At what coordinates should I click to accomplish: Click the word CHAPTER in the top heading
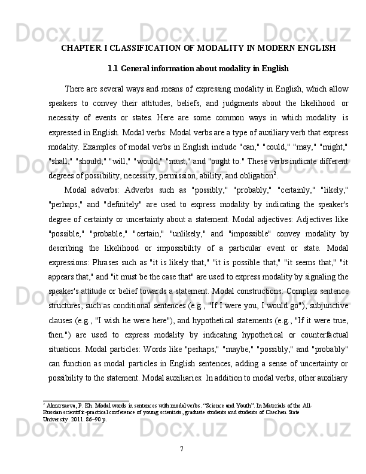pyautogui.click(x=83, y=47)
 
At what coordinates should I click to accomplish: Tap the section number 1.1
pyautogui.click(x=114, y=68)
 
